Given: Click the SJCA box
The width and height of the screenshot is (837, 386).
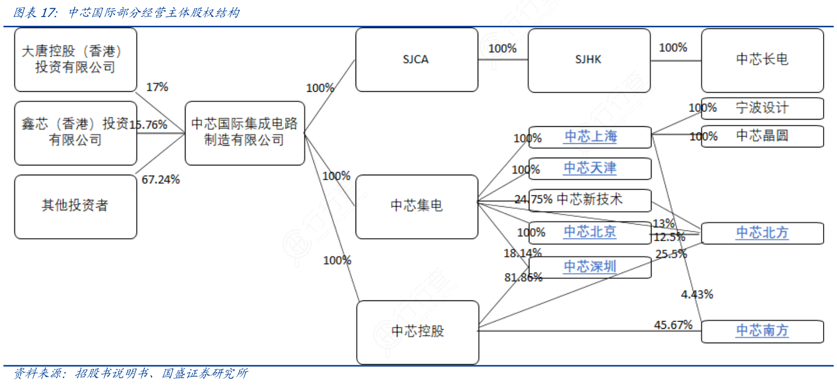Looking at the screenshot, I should coord(416,59).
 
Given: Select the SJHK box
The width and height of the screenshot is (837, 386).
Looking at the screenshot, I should coord(589,60).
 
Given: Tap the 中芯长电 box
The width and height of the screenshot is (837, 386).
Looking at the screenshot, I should coord(762,60).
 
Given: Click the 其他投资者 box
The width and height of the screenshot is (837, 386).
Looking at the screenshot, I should coord(75,206).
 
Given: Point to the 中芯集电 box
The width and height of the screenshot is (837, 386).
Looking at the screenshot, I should coord(416,206).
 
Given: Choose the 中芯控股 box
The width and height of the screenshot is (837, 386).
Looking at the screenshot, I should coord(417,332).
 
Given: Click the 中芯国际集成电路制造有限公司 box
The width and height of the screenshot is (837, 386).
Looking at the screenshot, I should coord(244,132).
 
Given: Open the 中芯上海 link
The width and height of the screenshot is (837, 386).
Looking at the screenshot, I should coord(591,137).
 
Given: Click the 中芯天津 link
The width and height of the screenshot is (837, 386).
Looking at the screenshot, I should coord(590,168).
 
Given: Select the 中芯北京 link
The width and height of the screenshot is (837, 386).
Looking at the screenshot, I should coord(590,232).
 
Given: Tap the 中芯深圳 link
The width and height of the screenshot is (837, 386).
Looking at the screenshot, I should coord(590,266).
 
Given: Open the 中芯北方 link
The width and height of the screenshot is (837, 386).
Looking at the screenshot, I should coord(762,233).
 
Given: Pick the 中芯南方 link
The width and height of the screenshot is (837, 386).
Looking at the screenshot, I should coord(762,330).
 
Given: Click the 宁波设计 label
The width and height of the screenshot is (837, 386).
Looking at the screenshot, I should coord(762,108).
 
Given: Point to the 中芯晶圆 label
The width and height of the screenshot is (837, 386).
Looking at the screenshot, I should coord(762,136).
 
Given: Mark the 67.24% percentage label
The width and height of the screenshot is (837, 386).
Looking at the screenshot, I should coord(161,180).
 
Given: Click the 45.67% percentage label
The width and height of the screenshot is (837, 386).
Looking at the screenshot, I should coord(673,325).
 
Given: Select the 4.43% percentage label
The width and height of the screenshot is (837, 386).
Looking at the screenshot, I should coord(697,295).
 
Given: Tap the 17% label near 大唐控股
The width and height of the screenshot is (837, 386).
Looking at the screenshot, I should coord(157,87).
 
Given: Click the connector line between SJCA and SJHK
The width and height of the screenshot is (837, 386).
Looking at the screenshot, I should coord(503,60).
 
